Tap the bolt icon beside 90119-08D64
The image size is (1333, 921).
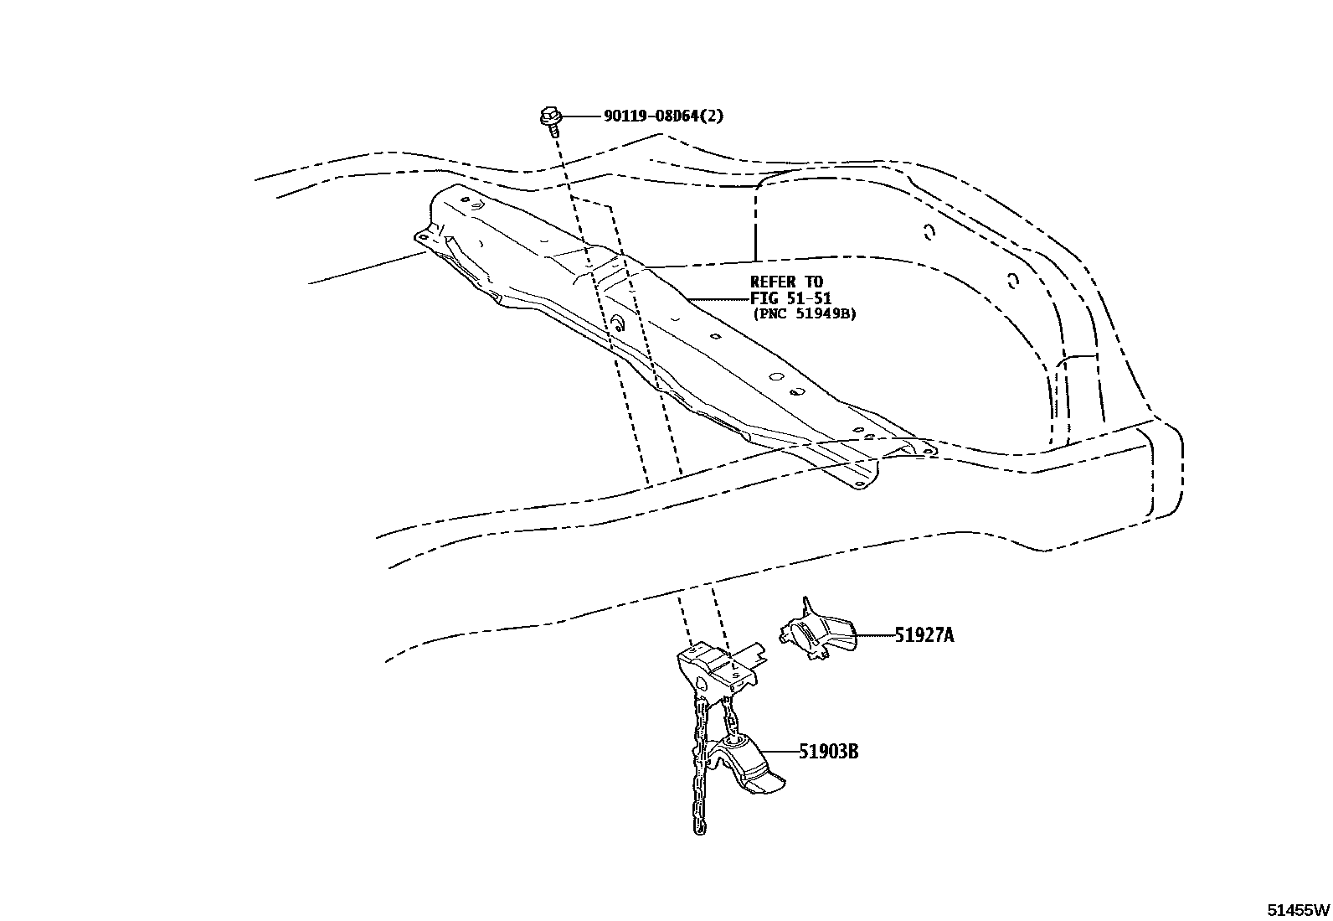(550, 118)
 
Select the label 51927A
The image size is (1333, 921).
(924, 635)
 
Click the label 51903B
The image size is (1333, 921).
(828, 752)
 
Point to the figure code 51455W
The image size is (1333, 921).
(1297, 909)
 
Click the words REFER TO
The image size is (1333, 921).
(786, 282)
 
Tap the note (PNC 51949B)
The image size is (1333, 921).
(804, 314)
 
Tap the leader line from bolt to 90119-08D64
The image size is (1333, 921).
(579, 116)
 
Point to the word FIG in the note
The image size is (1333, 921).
(763, 298)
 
